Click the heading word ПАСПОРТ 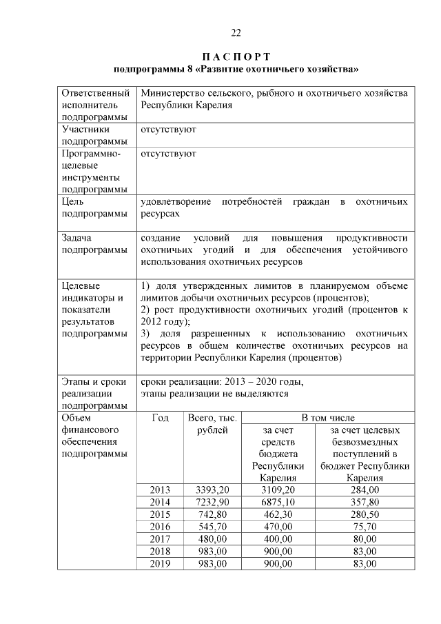click(x=236, y=56)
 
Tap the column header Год click(x=160, y=419)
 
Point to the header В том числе click(x=328, y=419)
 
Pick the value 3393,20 click(x=212, y=490)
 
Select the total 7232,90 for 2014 click(x=212, y=502)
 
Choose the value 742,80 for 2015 click(x=212, y=514)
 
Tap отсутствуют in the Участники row click(x=168, y=129)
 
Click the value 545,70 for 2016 click(x=212, y=527)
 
